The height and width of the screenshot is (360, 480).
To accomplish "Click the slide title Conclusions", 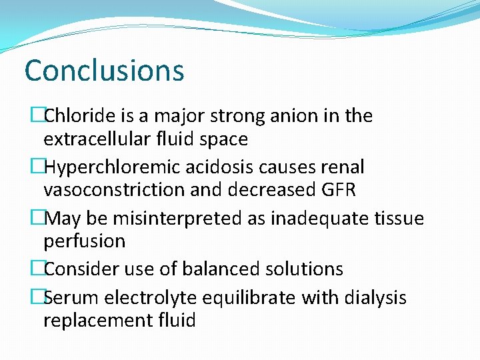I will tap(104, 71).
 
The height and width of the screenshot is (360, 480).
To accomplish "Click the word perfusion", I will tap(84, 241).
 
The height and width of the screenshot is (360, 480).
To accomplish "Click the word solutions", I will tap(305, 269).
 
